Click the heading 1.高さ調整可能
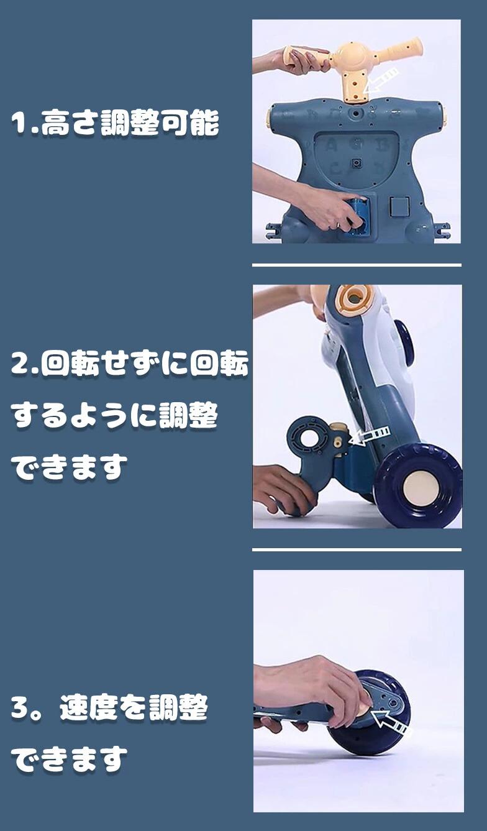pyautogui.click(x=115, y=122)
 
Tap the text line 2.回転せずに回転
pyautogui.click(x=129, y=364)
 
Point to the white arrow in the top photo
pyautogui.click(x=381, y=80)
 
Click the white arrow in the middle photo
pyautogui.click(x=370, y=435)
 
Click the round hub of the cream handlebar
pyautogui.click(x=348, y=56)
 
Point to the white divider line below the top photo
pyautogui.click(x=357, y=265)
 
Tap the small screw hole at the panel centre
pyautogui.click(x=357, y=162)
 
